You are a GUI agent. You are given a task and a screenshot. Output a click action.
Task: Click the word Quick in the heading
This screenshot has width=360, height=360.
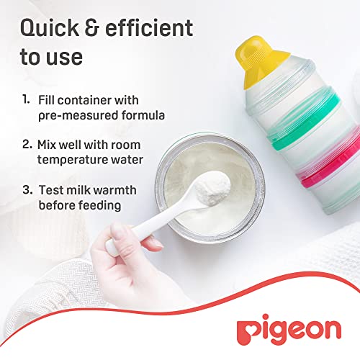[50, 28]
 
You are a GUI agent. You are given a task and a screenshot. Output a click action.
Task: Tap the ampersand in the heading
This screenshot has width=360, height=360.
[92, 28]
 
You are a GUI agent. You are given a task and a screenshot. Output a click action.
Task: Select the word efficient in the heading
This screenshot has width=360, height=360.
[149, 27]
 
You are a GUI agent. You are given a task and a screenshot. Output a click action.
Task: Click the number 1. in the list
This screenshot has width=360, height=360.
[26, 99]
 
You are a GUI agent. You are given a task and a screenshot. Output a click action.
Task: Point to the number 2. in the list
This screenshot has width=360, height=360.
[27, 144]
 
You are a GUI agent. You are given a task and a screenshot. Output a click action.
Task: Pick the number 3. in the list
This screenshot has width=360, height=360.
[27, 189]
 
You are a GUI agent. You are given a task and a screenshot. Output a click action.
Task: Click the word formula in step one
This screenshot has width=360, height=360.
[143, 115]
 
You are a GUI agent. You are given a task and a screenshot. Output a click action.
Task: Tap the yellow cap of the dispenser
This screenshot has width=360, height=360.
[261, 61]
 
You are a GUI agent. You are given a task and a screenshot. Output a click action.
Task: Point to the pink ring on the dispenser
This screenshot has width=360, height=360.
[329, 168]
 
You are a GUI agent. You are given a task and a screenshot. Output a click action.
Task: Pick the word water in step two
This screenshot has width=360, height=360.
[130, 160]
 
